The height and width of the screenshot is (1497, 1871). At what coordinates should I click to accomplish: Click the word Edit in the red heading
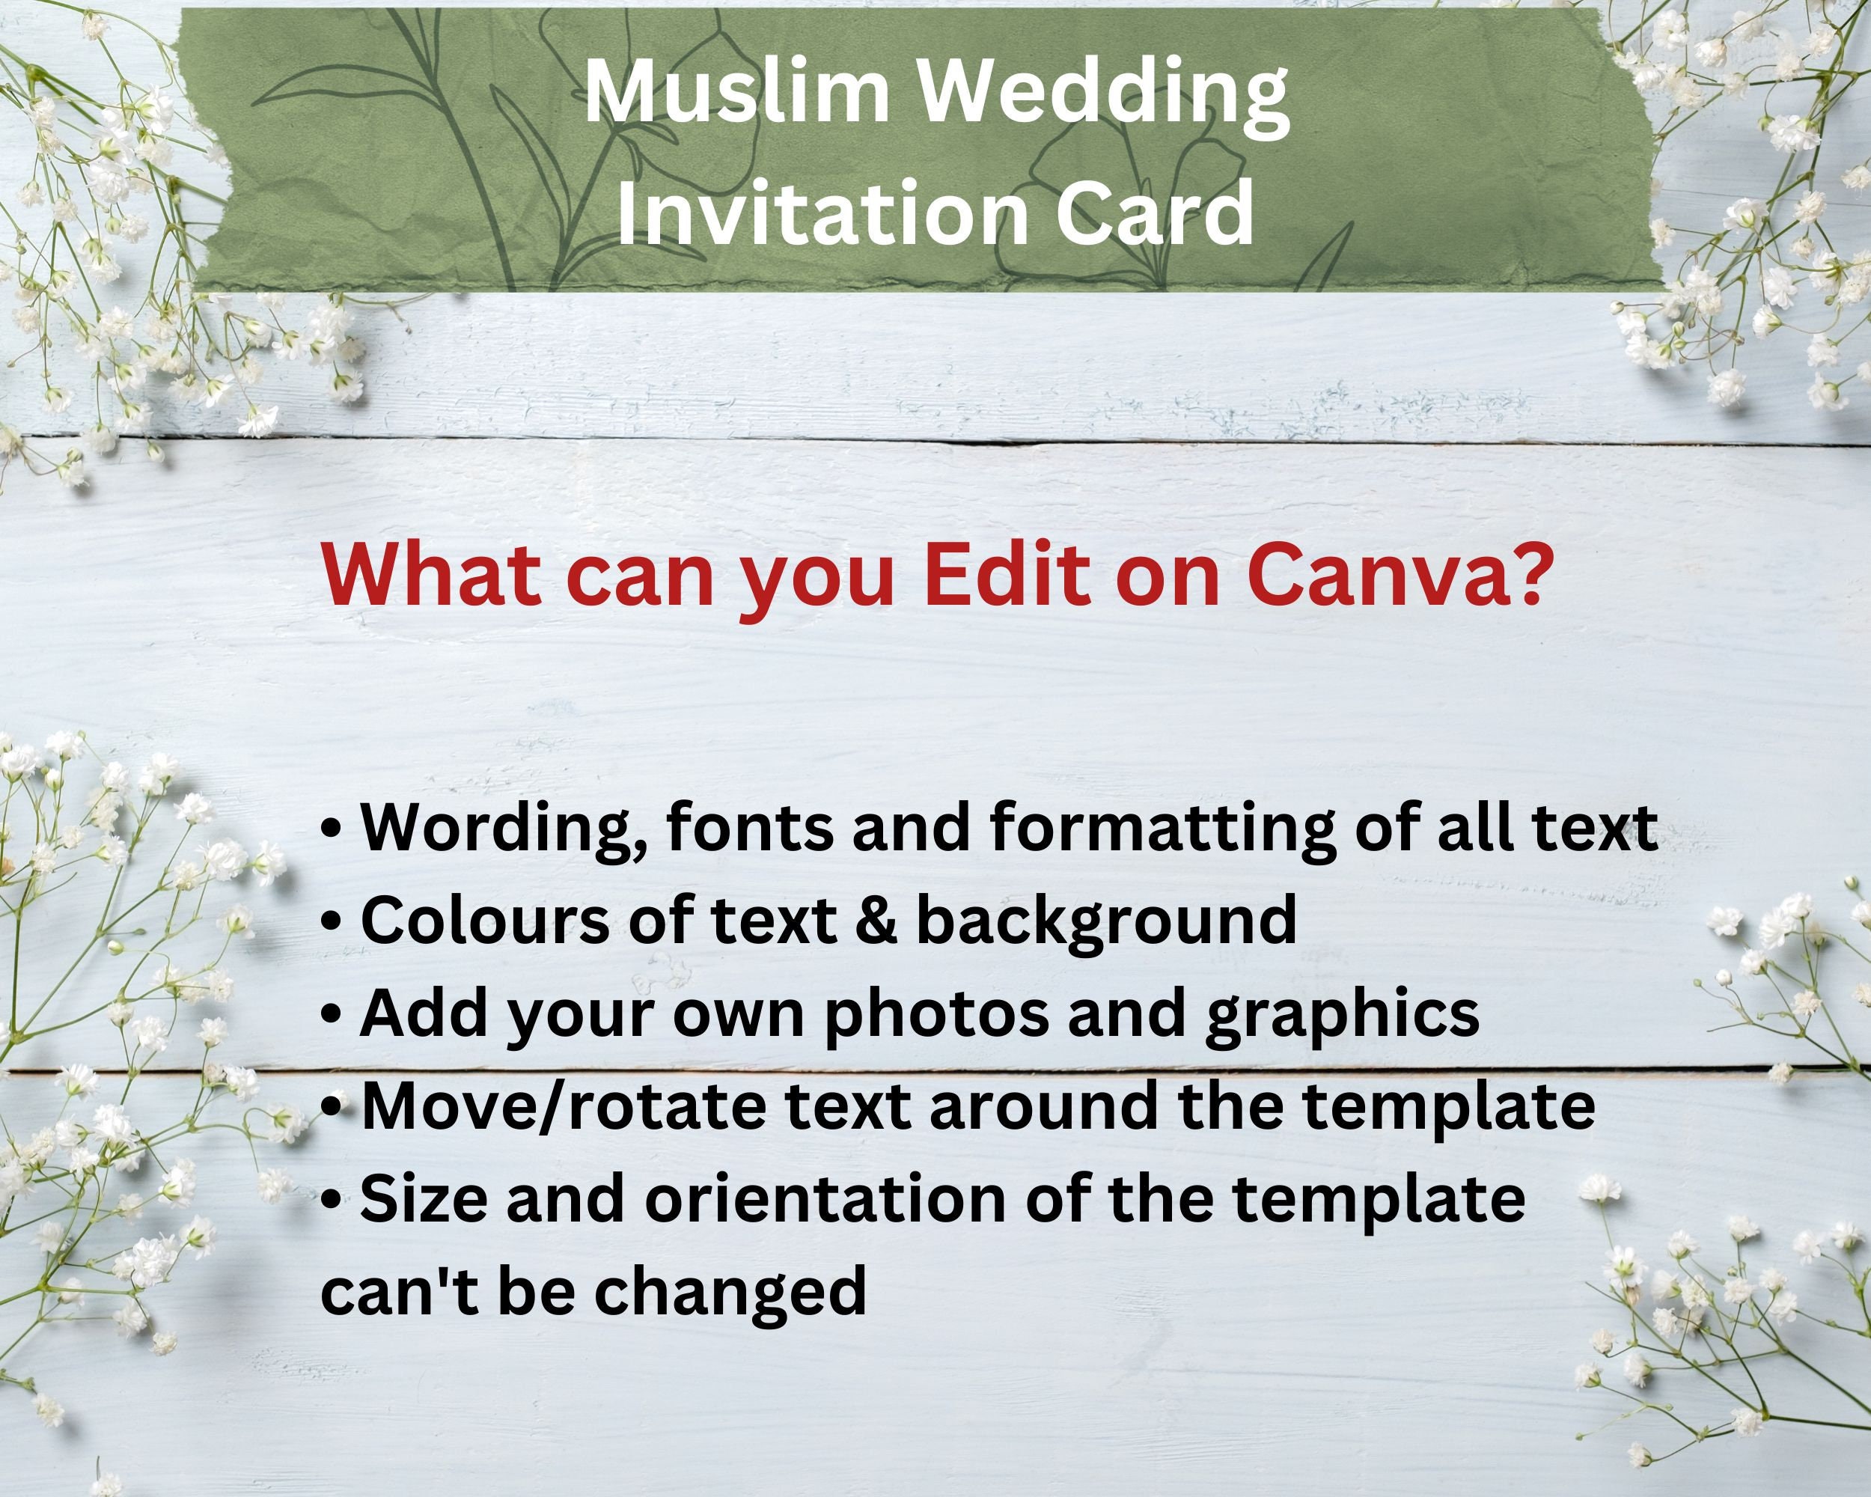[x=1006, y=576]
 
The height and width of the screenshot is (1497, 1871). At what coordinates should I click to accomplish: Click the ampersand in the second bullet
[x=876, y=919]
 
